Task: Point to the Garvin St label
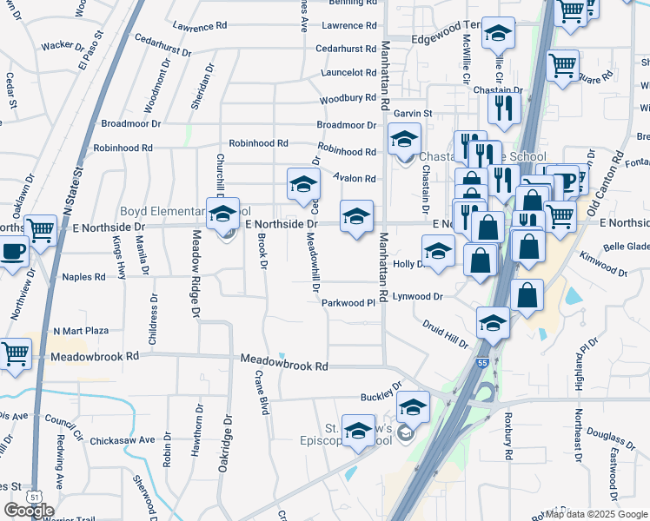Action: (x=413, y=114)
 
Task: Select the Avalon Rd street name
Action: (x=356, y=179)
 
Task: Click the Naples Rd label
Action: (x=83, y=277)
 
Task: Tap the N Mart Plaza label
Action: (x=81, y=331)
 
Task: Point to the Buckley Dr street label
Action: (x=382, y=392)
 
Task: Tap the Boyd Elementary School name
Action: (x=184, y=211)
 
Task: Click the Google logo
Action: (x=29, y=511)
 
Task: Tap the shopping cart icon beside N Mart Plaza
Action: (x=16, y=354)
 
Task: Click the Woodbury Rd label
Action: (x=348, y=98)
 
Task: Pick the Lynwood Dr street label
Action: (x=418, y=296)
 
